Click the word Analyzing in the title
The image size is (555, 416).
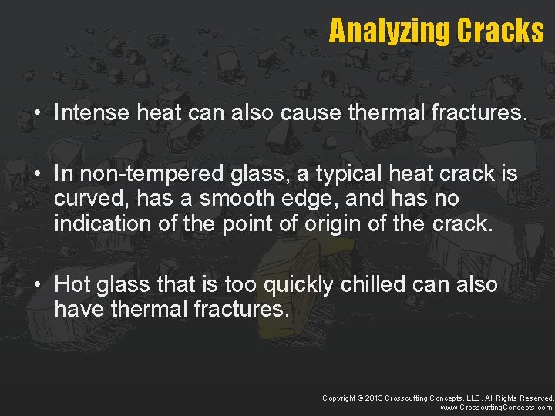pyautogui.click(x=390, y=31)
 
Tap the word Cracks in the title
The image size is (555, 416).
pyautogui.click(x=500, y=31)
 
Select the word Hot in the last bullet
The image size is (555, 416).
pyautogui.click(x=72, y=285)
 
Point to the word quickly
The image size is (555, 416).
pyautogui.click(x=299, y=285)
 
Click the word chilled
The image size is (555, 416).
pyautogui.click(x=373, y=285)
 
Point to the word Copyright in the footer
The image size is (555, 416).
pyautogui.click(x=340, y=398)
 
